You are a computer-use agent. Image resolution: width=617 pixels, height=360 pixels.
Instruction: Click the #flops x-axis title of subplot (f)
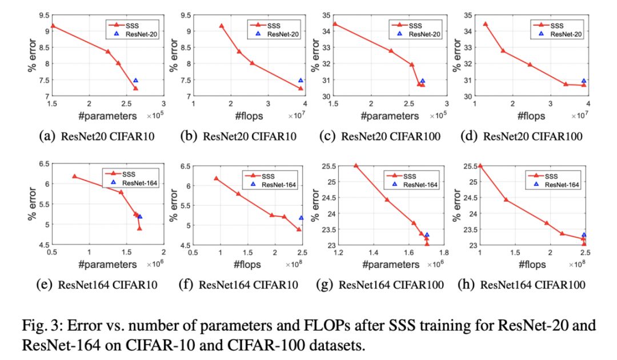pyautogui.click(x=247, y=265)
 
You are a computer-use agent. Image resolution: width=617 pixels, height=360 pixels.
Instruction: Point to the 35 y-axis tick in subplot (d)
pyautogui.click(x=467, y=10)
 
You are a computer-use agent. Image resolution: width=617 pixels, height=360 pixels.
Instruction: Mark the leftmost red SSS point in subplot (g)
pyautogui.click(x=356, y=166)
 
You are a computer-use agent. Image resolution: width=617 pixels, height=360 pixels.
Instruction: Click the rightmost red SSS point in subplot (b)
pyautogui.click(x=301, y=88)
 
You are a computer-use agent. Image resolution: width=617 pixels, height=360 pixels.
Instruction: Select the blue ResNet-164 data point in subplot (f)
pyautogui.click(x=301, y=218)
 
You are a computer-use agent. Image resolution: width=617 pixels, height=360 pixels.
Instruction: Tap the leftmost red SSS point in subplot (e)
pyautogui.click(x=74, y=177)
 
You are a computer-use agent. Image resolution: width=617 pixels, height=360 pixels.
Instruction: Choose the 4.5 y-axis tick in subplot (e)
pyautogui.click(x=43, y=245)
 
